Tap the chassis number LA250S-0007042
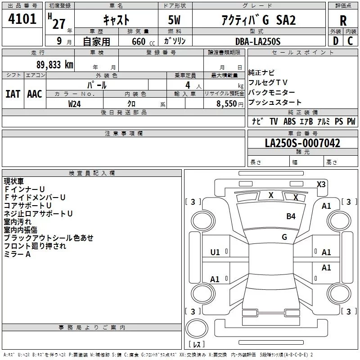point(302,144)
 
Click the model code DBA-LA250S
point(258,41)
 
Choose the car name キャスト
point(117,20)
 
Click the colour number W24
point(75,104)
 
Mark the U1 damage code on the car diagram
point(215,252)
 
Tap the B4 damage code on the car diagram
point(291,216)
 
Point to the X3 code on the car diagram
point(321,184)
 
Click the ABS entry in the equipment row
point(290,121)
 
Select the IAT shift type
point(13,94)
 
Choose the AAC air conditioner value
point(35,94)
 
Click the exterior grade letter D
point(335,41)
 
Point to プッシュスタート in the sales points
point(275,102)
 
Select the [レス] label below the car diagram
point(197,345)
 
